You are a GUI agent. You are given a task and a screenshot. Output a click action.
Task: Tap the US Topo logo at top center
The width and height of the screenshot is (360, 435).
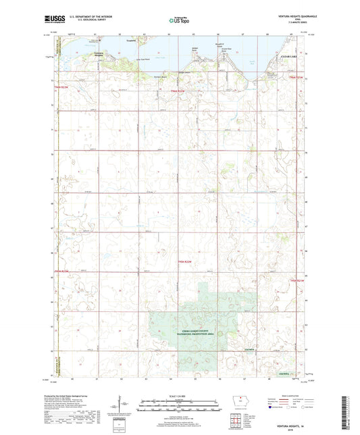coord(179,20)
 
